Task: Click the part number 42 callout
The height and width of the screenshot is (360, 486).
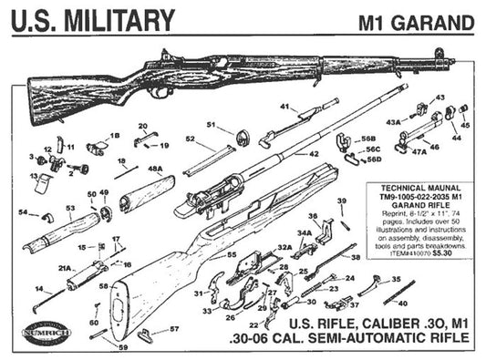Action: point(313,155)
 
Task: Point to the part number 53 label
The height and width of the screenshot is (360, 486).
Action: point(69,209)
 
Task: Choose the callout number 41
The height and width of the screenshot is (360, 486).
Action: point(284,108)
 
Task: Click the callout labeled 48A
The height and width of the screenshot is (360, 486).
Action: point(155,169)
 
